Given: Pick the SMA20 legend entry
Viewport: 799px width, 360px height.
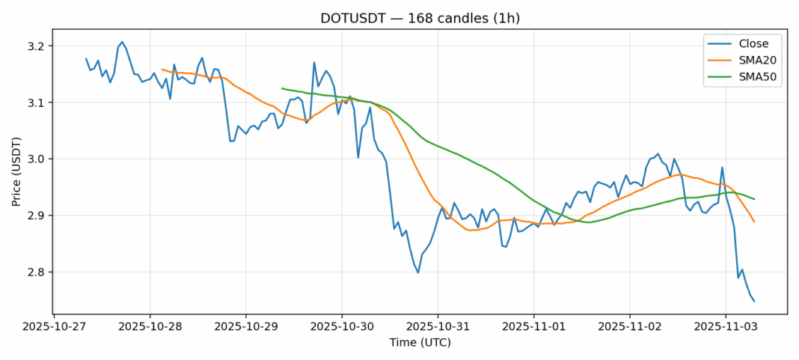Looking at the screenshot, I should coord(753,61).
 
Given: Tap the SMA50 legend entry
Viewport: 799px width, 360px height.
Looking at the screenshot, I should coord(753,78).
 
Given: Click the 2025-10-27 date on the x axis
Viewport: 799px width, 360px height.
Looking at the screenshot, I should coord(54,327).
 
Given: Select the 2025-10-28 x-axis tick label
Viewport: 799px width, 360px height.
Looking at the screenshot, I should coord(150,327).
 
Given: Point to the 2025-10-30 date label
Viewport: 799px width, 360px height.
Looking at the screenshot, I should coord(342,327).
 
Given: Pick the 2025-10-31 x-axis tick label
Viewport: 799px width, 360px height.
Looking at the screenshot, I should coord(438,327).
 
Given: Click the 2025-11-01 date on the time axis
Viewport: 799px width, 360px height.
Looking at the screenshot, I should coord(533,327).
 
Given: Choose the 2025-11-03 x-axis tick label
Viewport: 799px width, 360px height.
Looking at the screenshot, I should coord(725,327).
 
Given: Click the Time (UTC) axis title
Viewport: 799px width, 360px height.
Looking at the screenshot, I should coord(419,343).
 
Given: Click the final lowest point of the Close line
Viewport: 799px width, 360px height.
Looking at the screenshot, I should coord(754,302).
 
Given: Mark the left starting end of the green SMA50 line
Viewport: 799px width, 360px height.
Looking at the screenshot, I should coord(282,88).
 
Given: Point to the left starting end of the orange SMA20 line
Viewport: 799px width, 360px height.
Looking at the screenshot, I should coord(162,70).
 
